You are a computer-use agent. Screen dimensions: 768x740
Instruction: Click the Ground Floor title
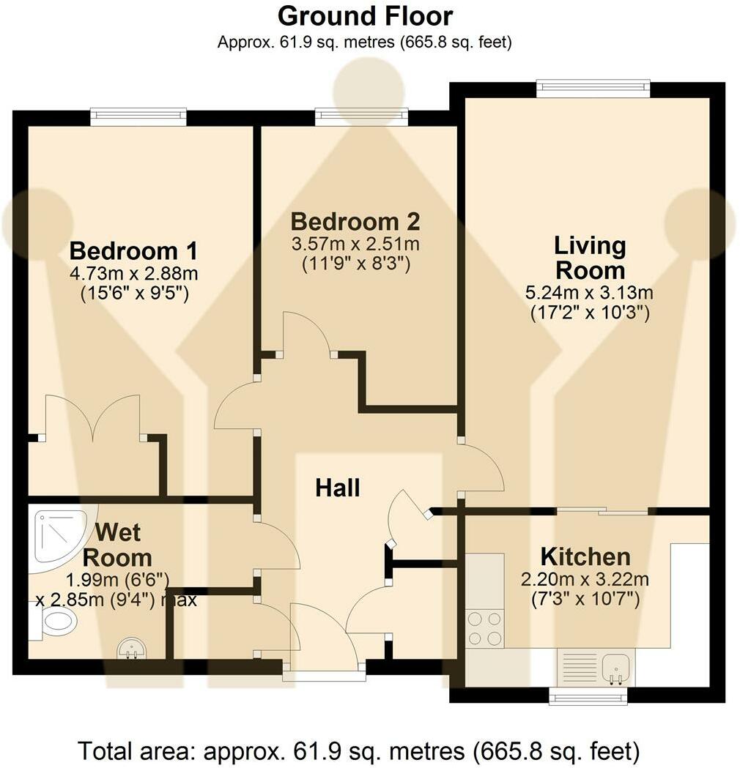point(365,15)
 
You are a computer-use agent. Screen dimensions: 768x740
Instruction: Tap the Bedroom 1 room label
point(133,251)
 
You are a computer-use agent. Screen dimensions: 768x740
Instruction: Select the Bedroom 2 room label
point(355,221)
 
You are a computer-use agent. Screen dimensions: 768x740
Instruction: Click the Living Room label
point(590,258)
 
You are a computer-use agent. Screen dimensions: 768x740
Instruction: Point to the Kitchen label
point(585,556)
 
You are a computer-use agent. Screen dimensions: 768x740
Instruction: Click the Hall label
point(338,488)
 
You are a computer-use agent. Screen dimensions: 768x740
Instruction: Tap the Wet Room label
point(117,544)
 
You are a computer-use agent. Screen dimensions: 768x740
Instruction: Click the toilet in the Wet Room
point(57,622)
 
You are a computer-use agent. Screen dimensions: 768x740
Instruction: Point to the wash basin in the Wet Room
point(133,648)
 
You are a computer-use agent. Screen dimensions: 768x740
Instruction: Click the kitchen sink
point(613,667)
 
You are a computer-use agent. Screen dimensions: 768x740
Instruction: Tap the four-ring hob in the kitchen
point(484,629)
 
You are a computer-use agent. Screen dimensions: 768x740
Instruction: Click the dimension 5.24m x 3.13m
point(590,294)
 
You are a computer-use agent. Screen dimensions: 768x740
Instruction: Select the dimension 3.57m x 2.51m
point(355,244)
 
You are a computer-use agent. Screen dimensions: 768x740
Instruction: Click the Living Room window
point(593,89)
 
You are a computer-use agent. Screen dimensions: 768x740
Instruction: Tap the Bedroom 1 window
point(138,117)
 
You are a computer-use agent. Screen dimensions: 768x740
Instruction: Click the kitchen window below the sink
point(588,696)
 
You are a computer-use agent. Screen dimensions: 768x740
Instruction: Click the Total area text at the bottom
point(359,750)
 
